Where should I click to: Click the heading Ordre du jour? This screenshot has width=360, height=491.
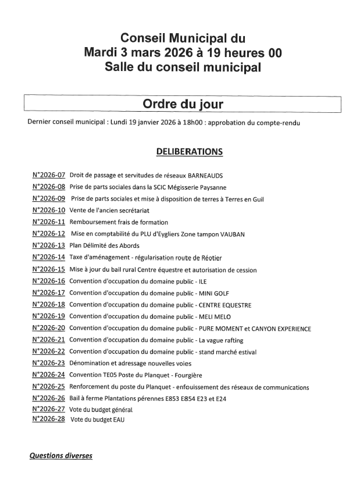tap(183, 104)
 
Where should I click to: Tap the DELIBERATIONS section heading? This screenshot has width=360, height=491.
tap(189, 151)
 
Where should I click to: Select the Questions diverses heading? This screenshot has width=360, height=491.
tap(60, 456)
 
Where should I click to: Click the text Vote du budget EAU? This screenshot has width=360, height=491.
tap(97, 419)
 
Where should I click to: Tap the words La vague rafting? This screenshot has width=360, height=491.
tap(221, 340)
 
